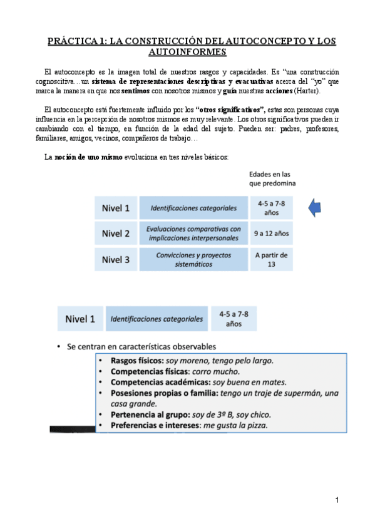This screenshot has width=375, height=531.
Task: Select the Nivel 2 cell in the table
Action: click(x=116, y=234)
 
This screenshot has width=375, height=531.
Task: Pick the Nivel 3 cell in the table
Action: click(x=116, y=259)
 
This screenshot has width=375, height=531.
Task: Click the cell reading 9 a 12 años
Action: click(x=271, y=234)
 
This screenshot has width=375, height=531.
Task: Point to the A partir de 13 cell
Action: click(x=271, y=259)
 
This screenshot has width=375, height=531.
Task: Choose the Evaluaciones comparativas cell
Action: click(x=193, y=234)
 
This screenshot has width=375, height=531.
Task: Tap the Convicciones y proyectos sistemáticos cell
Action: click(x=193, y=259)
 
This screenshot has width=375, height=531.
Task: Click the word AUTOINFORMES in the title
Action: click(x=187, y=53)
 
